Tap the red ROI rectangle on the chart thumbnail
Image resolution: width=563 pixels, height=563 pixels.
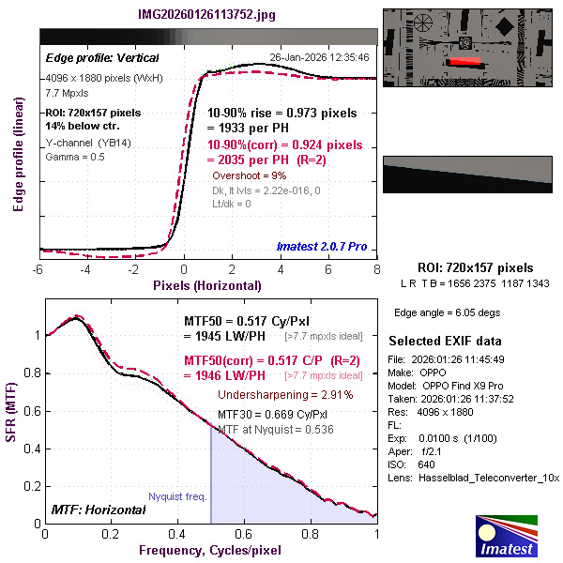464,62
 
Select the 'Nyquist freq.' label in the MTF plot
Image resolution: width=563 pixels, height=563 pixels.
176,497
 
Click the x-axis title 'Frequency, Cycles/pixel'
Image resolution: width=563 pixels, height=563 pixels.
210,551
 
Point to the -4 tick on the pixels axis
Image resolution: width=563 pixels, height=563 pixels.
85,269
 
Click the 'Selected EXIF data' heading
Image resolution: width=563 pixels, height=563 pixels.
445,341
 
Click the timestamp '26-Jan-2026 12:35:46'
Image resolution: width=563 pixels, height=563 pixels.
319,56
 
